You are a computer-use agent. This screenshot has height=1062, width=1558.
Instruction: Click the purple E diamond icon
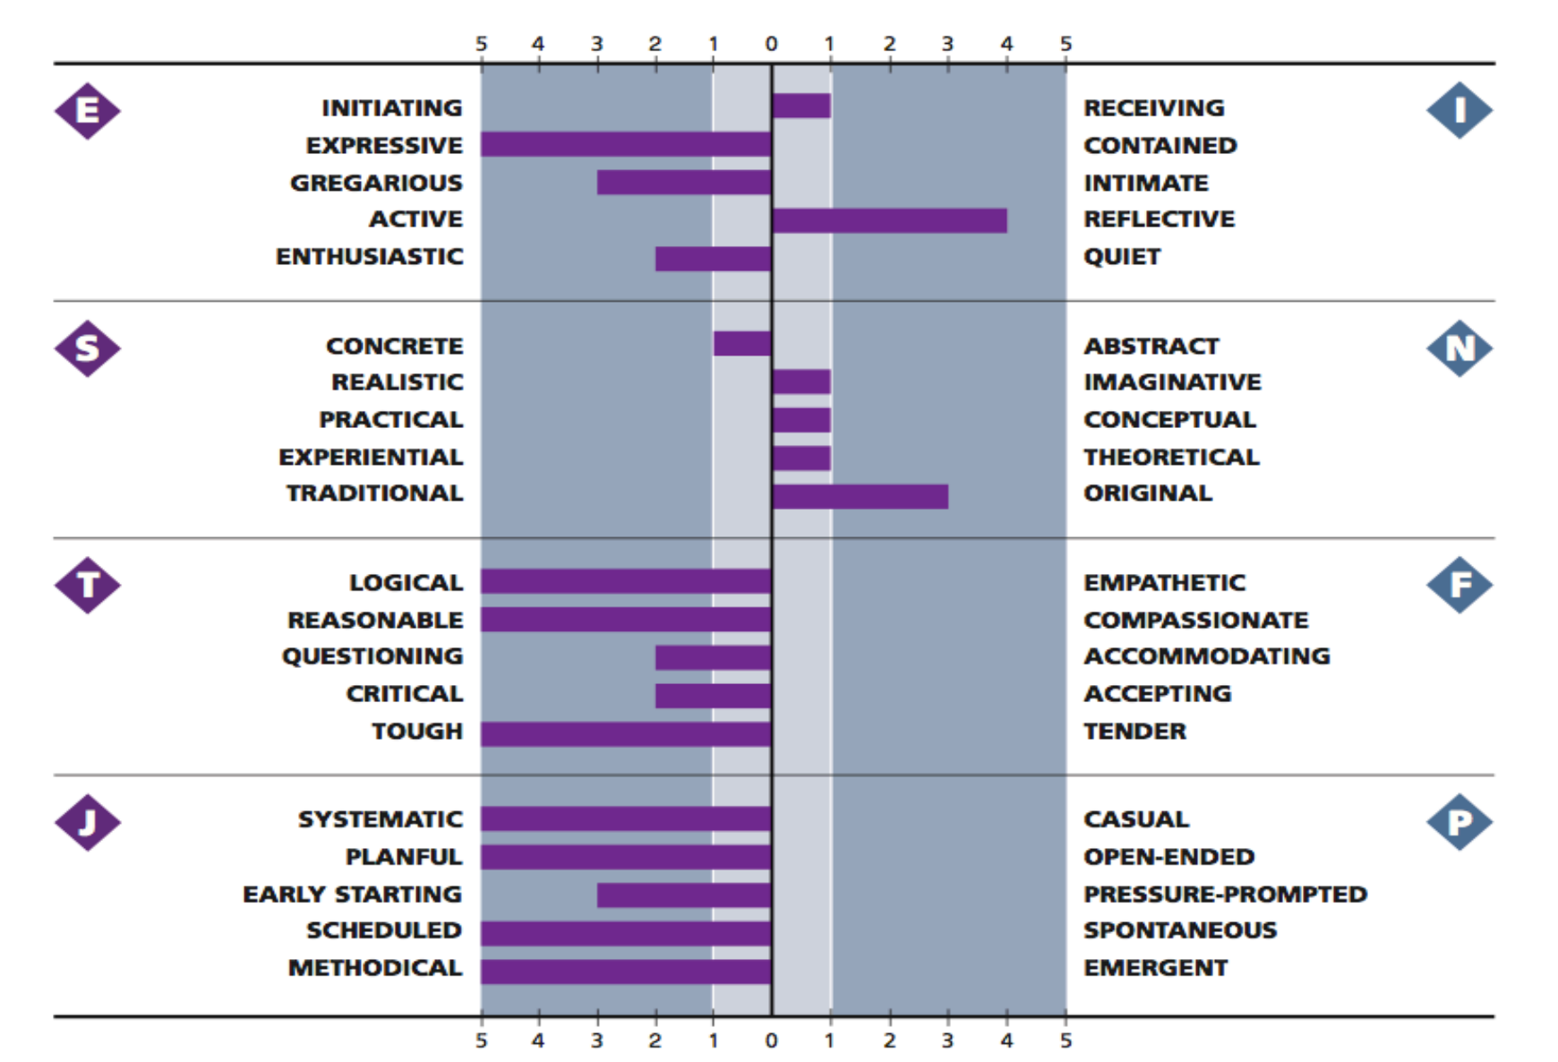click(x=87, y=111)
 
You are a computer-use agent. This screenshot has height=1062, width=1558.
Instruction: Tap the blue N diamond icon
click(x=1459, y=347)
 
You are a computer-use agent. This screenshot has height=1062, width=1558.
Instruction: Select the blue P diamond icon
click(x=1459, y=821)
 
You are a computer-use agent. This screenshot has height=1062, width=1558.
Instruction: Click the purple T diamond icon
click(x=87, y=585)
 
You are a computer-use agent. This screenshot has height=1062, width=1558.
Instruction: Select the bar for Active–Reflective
click(x=889, y=220)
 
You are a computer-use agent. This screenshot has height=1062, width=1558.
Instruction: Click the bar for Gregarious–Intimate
click(x=684, y=183)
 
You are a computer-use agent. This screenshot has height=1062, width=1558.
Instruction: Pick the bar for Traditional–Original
click(x=860, y=496)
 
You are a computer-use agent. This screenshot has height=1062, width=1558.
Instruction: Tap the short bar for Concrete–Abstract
click(x=742, y=344)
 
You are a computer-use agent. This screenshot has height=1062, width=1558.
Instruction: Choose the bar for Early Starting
click(x=684, y=895)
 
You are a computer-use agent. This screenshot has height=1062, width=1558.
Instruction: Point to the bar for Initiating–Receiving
click(x=801, y=106)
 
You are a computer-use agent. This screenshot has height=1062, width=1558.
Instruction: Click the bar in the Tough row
click(x=626, y=733)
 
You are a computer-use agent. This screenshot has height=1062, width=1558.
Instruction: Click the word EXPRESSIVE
click(x=384, y=145)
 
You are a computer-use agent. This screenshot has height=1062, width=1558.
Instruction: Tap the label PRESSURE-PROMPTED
click(x=1225, y=894)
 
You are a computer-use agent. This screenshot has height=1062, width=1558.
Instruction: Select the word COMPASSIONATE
click(x=1195, y=620)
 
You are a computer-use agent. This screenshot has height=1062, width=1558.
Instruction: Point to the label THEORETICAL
click(x=1171, y=457)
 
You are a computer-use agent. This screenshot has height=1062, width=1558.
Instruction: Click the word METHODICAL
click(x=374, y=968)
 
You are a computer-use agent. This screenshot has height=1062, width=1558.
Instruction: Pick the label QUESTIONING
click(x=372, y=656)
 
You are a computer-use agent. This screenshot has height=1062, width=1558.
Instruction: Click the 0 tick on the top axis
click(x=771, y=44)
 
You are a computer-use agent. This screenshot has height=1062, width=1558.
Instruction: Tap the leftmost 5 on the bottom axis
click(x=482, y=1041)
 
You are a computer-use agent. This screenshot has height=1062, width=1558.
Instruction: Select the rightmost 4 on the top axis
click(x=1006, y=44)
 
